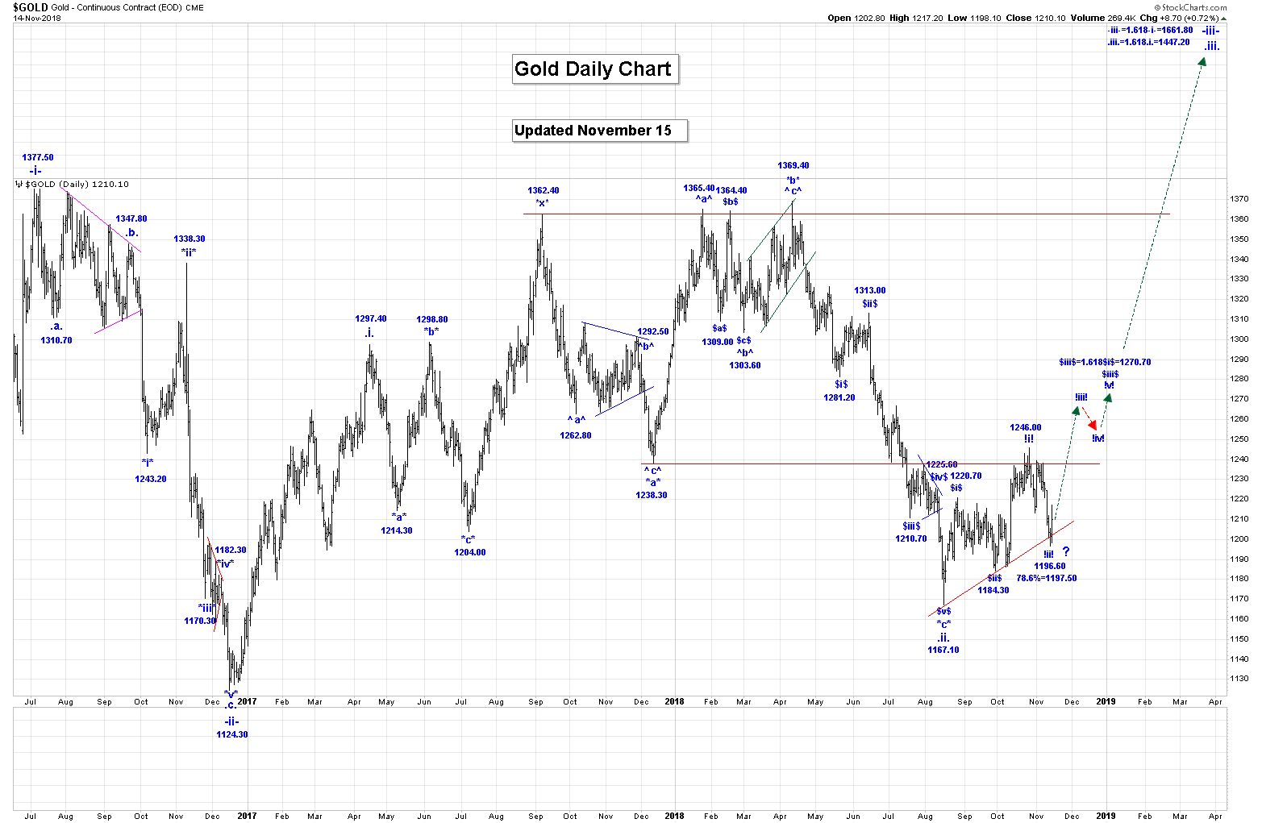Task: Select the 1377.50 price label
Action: coord(38,158)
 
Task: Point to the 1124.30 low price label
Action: coord(232,734)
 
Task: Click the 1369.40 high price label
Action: coord(793,166)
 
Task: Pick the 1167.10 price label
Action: coord(943,650)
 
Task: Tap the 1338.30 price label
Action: coord(190,239)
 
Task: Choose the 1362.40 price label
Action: coord(544,191)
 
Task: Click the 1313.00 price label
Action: coord(870,291)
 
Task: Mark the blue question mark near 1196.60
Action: coord(1066,552)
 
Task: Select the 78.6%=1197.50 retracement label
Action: coord(1046,578)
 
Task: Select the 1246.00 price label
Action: coord(1026,428)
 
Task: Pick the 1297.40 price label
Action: coord(371,319)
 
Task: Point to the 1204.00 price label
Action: coord(470,552)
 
